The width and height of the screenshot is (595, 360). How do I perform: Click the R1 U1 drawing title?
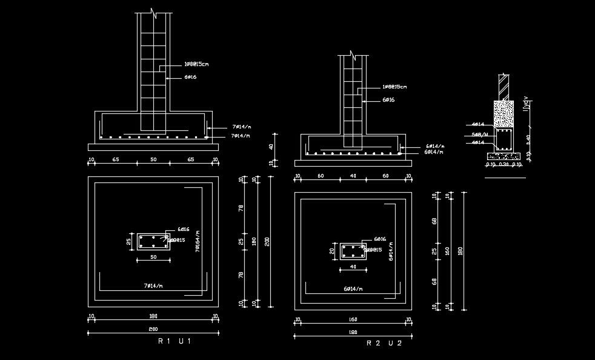(175, 342)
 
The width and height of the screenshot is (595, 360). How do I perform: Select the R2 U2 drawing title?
(384, 343)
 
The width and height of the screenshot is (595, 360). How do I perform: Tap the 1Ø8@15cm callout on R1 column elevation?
(196, 64)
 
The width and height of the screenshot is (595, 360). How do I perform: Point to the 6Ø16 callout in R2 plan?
(380, 239)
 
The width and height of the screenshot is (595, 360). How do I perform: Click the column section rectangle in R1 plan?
(153, 241)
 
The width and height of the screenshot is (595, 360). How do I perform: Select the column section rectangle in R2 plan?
(352, 251)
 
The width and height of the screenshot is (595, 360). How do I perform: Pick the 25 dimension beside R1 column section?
(128, 242)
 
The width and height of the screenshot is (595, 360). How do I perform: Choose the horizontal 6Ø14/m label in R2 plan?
(353, 289)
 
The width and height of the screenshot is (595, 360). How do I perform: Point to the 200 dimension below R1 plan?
(153, 330)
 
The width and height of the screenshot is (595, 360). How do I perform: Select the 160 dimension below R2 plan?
(353, 319)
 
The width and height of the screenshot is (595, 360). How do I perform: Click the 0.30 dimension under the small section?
(504, 164)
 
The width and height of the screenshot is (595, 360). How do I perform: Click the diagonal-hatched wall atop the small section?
(504, 87)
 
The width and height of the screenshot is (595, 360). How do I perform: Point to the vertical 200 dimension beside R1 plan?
(267, 242)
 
